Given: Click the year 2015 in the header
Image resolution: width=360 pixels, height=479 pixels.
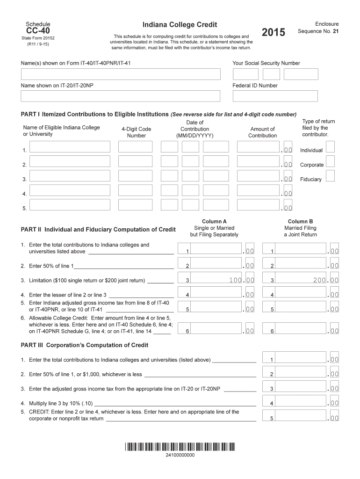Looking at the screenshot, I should click(273, 32).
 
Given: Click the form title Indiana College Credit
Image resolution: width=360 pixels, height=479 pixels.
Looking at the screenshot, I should click(180, 24).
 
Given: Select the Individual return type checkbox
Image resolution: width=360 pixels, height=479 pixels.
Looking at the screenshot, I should click(330, 147).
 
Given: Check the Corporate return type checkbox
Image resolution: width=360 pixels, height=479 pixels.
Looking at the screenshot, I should click(330, 161).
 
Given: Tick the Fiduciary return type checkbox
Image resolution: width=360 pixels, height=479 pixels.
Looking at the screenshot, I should click(330, 176).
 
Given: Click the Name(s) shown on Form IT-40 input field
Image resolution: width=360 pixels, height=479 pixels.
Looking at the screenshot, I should click(120, 74).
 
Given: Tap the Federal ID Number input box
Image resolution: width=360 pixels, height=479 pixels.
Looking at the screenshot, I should click(275, 96).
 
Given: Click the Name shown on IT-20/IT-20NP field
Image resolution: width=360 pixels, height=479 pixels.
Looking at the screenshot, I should click(120, 96).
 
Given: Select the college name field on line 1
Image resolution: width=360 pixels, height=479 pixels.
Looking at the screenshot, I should click(70, 147).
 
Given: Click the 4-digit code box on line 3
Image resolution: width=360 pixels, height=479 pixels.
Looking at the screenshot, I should click(135, 176).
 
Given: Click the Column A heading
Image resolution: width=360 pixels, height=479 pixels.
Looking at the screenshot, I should click(214, 221).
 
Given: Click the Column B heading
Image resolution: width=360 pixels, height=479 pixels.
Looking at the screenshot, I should click(300, 221).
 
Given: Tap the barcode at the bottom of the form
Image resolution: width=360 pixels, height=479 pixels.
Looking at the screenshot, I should click(180, 446).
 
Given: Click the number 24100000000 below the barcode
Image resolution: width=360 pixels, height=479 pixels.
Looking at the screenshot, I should click(180, 455).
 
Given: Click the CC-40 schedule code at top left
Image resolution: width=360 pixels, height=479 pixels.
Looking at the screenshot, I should click(38, 31).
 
